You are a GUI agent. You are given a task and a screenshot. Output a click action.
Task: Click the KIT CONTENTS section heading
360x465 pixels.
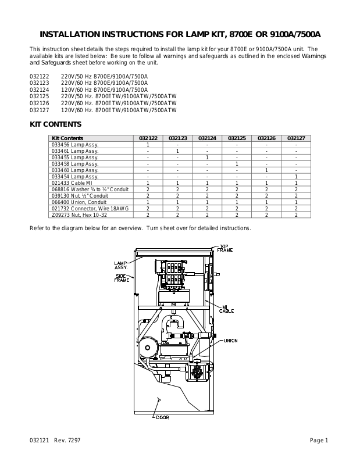pos(55,124)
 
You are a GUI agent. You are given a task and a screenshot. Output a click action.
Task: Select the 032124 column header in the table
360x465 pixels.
pos(207,138)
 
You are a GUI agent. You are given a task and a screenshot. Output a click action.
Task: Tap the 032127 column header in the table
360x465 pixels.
pos(296,138)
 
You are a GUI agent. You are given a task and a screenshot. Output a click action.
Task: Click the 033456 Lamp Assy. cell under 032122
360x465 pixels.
pos(148,144)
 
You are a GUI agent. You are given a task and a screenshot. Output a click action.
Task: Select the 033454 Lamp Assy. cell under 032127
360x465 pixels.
pos(296,177)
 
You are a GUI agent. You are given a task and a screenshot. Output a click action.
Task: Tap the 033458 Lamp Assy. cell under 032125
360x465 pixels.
pos(237,164)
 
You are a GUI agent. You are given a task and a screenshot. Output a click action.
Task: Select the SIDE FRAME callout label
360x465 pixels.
pos(122,278)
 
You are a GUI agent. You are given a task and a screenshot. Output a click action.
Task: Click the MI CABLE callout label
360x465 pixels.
pos(226,309)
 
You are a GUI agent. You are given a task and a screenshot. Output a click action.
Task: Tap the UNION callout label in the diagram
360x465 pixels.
pos(230,341)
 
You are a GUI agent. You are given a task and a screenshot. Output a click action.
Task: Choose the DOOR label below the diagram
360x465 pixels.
pos(162,417)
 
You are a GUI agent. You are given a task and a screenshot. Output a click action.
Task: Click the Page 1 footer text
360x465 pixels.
pos(319,440)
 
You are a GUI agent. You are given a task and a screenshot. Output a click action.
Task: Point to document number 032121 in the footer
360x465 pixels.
pos(39,440)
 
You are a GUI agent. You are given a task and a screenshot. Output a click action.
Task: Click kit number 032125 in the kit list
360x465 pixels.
pos(39,96)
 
